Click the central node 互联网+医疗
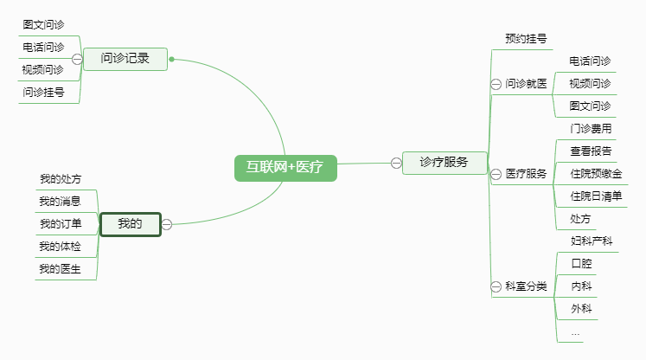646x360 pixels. click(x=285, y=168)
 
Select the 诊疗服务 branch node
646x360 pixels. click(x=444, y=162)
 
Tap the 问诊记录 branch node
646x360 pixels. click(x=125, y=59)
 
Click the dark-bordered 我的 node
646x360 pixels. click(x=130, y=224)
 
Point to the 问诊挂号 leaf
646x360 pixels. click(x=43, y=93)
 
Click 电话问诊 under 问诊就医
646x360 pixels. click(x=590, y=61)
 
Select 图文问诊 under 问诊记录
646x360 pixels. click(x=43, y=25)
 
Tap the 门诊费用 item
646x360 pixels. click(x=592, y=129)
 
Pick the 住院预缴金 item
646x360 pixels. click(x=596, y=174)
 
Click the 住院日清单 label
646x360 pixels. click(x=597, y=196)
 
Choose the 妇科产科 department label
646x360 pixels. click(x=592, y=241)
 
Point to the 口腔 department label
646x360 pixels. click(x=581, y=263)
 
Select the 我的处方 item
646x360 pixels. click(x=61, y=179)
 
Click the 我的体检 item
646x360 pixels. click(x=61, y=247)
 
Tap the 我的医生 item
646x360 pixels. click(x=61, y=269)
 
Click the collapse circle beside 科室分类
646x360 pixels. click(x=496, y=286)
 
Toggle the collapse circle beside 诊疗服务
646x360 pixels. click(x=396, y=162)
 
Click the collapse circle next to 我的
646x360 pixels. click(x=167, y=224)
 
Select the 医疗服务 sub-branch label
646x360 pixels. click(x=527, y=174)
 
